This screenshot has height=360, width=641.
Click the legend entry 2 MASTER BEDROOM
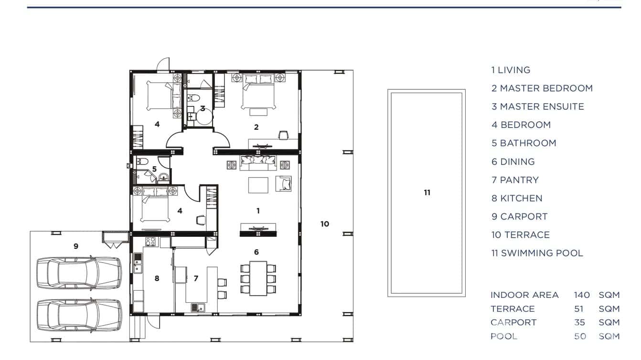(542, 88)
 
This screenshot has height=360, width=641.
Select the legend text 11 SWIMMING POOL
(537, 254)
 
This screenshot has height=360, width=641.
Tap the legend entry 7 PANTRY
(515, 180)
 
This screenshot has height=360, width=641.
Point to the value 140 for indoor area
(582, 295)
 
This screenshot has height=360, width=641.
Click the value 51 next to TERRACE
(579, 309)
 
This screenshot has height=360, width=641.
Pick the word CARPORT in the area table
(513, 322)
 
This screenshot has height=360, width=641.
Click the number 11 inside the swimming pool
(427, 193)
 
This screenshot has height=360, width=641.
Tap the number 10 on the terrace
(325, 224)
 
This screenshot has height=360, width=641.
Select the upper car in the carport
(79, 273)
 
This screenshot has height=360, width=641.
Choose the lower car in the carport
(79, 315)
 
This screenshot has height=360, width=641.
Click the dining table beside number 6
(258, 279)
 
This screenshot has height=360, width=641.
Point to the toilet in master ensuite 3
(194, 98)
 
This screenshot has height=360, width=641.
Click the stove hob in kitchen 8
(150, 242)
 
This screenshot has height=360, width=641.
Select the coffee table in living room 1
(258, 185)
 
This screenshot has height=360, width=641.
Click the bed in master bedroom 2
(258, 92)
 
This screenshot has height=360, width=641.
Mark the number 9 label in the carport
(76, 246)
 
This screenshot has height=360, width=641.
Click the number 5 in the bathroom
(154, 169)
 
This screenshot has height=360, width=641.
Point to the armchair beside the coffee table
(284, 183)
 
